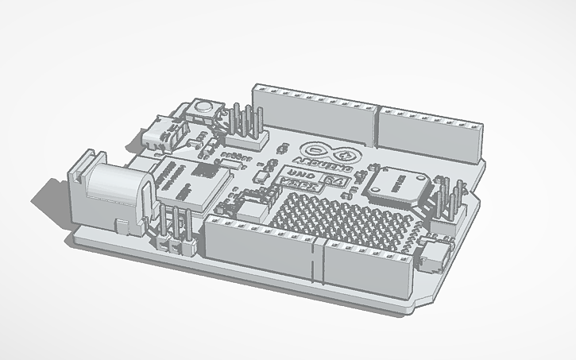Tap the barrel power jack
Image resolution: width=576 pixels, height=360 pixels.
coord(111,194)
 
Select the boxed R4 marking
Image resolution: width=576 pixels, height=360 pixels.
coord(336,184)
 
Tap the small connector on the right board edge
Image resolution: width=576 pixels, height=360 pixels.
coord(435,254)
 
